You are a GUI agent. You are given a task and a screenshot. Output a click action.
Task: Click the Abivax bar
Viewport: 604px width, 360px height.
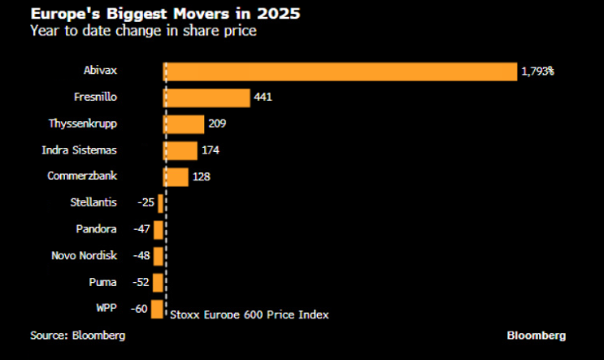tap(341, 72)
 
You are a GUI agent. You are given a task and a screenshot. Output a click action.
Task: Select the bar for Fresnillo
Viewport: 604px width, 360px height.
tap(207, 98)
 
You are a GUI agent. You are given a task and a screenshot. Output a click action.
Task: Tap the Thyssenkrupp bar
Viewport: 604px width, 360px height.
tap(185, 124)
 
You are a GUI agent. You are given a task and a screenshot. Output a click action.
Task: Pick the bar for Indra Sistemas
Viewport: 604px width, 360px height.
tap(181, 150)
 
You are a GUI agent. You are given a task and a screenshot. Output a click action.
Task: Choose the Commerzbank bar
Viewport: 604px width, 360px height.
tap(176, 176)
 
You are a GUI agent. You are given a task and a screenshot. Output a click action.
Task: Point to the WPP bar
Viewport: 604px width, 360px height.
tap(158, 309)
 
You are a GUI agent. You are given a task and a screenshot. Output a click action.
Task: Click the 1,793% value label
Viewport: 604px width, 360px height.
tap(537, 72)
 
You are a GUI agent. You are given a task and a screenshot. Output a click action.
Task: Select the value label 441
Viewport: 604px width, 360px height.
tap(263, 98)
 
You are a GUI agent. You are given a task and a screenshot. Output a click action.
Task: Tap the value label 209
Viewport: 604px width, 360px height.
tap(217, 124)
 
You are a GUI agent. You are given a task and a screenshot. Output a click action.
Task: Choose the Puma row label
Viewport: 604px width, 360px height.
tap(105, 282)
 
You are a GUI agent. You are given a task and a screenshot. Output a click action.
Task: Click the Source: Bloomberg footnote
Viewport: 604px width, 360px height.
tap(78, 336)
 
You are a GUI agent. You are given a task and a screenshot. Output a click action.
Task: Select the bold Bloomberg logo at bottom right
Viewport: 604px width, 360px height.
tap(537, 336)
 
